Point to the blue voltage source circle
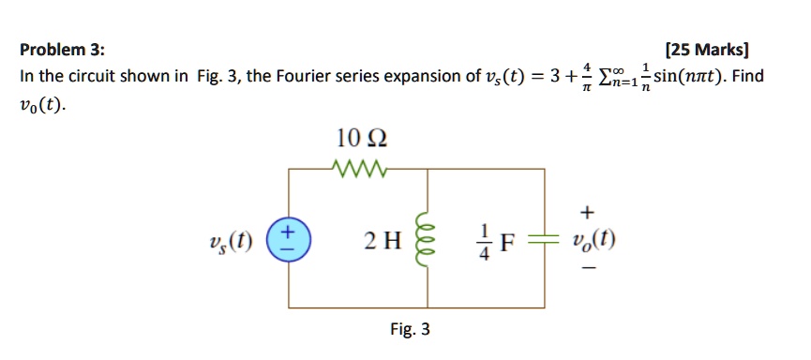(x=288, y=238)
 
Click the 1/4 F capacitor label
(x=495, y=239)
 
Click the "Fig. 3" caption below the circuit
(x=410, y=329)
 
